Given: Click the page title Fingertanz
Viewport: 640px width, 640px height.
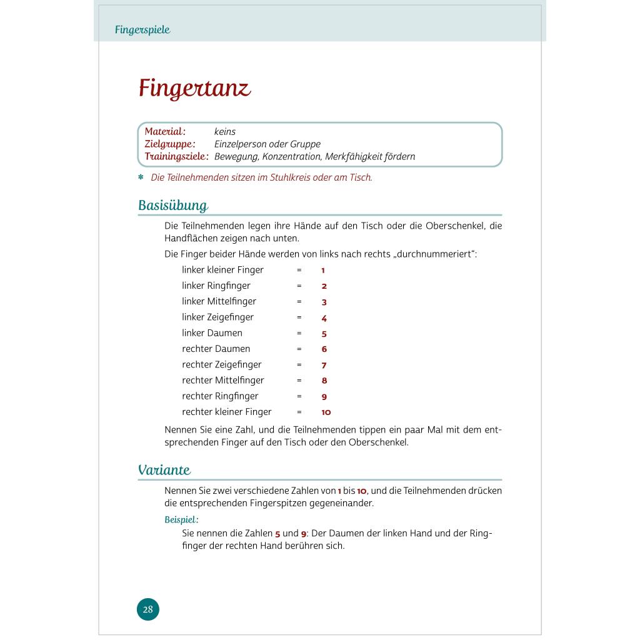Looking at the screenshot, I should tap(194, 88).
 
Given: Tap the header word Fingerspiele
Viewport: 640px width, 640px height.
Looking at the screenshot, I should tap(142, 29).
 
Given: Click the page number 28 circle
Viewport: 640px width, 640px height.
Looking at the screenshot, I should tap(148, 609).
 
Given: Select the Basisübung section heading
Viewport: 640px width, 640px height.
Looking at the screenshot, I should tap(173, 206).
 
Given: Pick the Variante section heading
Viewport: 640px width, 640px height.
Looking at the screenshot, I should tap(164, 470).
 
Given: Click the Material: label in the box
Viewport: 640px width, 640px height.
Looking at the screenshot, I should tap(165, 132).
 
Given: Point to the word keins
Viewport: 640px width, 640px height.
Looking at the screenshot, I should tap(225, 132).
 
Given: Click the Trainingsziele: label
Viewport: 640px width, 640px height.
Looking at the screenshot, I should tap(176, 156).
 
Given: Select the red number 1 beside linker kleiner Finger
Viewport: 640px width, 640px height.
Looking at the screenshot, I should tap(323, 271).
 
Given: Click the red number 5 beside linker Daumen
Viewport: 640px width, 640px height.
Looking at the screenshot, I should tap(324, 334).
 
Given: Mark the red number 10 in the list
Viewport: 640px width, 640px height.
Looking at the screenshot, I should tap(326, 412).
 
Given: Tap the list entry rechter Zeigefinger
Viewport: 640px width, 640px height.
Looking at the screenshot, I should tap(222, 364).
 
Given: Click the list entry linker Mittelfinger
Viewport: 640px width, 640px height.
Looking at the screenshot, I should tap(219, 301).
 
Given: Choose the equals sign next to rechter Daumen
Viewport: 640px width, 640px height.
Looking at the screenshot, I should tap(299, 349).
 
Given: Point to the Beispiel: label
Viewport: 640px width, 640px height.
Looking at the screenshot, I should tap(181, 519).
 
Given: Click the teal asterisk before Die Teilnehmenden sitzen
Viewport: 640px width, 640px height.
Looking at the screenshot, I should tap(141, 177).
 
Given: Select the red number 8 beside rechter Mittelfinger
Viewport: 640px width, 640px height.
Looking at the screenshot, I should tap(324, 381).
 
